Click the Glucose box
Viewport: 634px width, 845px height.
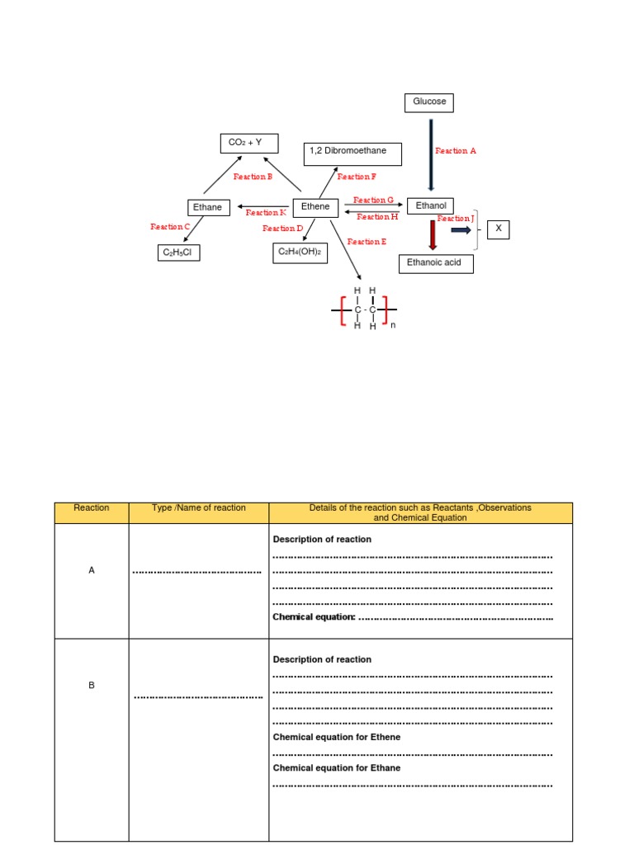pyautogui.click(x=429, y=102)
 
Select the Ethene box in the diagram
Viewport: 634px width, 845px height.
pyautogui.click(x=315, y=207)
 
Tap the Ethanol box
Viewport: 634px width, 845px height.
pyautogui.click(x=431, y=206)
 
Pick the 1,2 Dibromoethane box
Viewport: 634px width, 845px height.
pyautogui.click(x=352, y=153)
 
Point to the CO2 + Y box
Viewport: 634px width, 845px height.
pyautogui.click(x=245, y=144)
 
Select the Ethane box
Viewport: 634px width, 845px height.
pyautogui.click(x=208, y=208)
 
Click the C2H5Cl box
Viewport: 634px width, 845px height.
pyautogui.click(x=178, y=253)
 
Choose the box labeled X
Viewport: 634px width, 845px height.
pyautogui.click(x=498, y=229)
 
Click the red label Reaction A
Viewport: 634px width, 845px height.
pyautogui.click(x=456, y=151)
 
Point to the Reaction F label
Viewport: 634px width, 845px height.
pyautogui.click(x=357, y=177)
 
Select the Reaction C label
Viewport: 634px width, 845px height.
pyautogui.click(x=170, y=226)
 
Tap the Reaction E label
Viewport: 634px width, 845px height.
pyautogui.click(x=367, y=242)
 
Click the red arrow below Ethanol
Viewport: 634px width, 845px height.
pyautogui.click(x=432, y=234)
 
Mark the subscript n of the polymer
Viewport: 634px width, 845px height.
pyautogui.click(x=394, y=325)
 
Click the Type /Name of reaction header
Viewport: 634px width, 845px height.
pyautogui.click(x=199, y=508)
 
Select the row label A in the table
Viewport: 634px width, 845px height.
pyautogui.click(x=92, y=570)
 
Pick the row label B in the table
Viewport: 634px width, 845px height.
pyautogui.click(x=92, y=685)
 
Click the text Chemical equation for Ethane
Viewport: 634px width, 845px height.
pyautogui.click(x=337, y=768)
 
